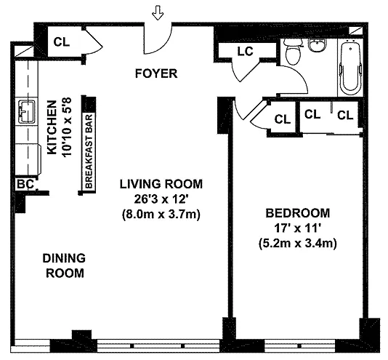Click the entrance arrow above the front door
pyautogui.click(x=158, y=13)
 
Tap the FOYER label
pyautogui.click(x=156, y=73)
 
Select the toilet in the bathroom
pyautogui.click(x=294, y=52)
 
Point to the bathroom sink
pyautogui.click(x=318, y=46)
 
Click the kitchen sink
pyautogui.click(x=26, y=111)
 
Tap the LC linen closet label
pyautogui.click(x=245, y=52)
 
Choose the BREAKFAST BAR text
pyautogui.click(x=89, y=151)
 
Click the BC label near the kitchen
pyautogui.click(x=25, y=184)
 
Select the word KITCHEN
pyautogui.click(x=52, y=127)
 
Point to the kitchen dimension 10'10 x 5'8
pyautogui.click(x=67, y=127)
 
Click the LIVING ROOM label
pyautogui.click(x=161, y=184)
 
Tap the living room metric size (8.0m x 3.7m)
pyautogui.click(x=161, y=214)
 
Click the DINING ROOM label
pyautogui.click(x=65, y=265)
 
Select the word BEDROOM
pyautogui.click(x=298, y=213)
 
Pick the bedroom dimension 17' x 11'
pyautogui.click(x=298, y=228)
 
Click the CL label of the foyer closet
pyautogui.click(x=62, y=42)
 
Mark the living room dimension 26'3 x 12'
pyautogui.click(x=160, y=199)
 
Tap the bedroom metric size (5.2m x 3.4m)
pyautogui.click(x=298, y=243)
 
